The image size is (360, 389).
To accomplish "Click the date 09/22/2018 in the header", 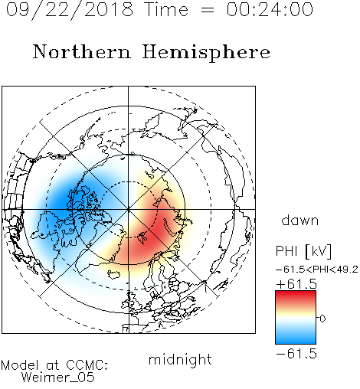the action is click(x=70, y=10).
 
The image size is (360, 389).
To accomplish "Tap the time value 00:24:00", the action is click(x=270, y=9).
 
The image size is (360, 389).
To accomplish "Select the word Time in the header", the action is click(x=166, y=9).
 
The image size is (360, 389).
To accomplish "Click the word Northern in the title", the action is click(x=81, y=51).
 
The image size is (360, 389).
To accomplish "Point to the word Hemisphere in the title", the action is click(x=206, y=52).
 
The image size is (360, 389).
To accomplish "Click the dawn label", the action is click(x=300, y=220).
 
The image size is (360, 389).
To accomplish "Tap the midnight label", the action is click(x=180, y=359).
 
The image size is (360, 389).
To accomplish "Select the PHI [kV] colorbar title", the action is click(x=303, y=251).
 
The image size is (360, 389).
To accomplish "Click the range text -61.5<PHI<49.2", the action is click(x=317, y=270).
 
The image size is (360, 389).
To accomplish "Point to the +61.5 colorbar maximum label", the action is click(x=296, y=284).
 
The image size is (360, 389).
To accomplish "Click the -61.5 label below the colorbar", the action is click(x=296, y=354).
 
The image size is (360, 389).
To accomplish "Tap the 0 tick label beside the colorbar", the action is click(x=322, y=319).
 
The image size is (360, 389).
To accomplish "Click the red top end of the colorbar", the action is click(x=296, y=293).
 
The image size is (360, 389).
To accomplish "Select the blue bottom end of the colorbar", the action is click(x=296, y=341).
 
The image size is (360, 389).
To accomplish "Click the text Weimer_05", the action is click(x=58, y=378).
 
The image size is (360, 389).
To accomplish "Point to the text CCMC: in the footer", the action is click(x=87, y=365).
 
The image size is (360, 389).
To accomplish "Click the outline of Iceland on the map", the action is click(x=113, y=275).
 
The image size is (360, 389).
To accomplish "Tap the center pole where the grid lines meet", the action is click(x=129, y=210).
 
